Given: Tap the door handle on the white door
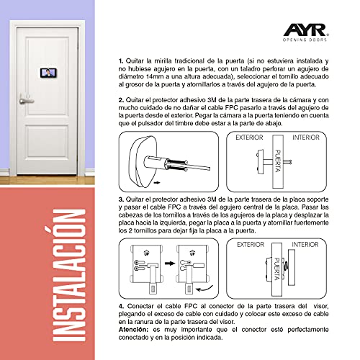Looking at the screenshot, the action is (26, 100).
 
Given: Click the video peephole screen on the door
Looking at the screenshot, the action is (48, 73).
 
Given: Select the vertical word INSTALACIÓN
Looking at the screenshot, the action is (69, 275).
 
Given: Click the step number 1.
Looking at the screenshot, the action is (121, 61).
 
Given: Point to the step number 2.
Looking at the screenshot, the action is (121, 100).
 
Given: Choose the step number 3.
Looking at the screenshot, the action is (121, 199).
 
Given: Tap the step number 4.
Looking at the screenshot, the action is (122, 307).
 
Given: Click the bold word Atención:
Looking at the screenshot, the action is (133, 330).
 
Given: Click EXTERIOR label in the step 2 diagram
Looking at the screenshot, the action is (249, 138).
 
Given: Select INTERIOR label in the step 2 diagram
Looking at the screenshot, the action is (306, 138).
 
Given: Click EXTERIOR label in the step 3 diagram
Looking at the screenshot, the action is (251, 245).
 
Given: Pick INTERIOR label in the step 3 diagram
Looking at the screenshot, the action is (305, 245).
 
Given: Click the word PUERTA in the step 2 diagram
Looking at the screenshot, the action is (278, 161).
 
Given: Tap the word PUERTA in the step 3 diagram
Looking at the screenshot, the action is (277, 269).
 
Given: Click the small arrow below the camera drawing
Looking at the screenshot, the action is (157, 183).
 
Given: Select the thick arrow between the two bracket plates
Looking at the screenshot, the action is (170, 264).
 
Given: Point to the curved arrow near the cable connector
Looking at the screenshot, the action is (204, 289).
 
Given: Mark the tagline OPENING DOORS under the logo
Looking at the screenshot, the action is (305, 40).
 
